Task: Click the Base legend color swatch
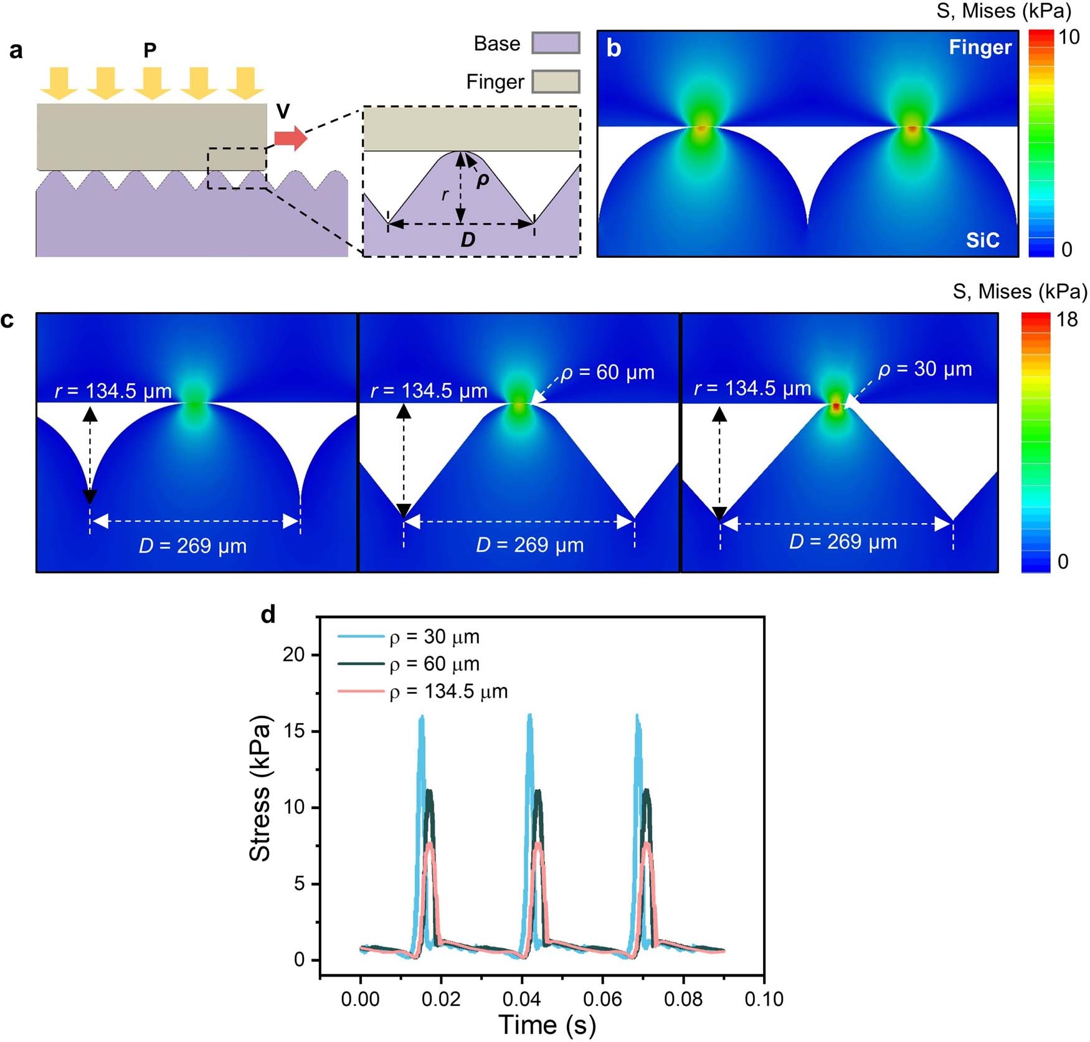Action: tap(556, 44)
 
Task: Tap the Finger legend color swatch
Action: tap(556, 82)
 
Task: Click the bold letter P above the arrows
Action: tap(149, 50)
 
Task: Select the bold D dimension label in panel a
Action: tap(468, 240)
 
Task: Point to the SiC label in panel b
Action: tap(982, 240)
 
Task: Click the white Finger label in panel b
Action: tap(980, 47)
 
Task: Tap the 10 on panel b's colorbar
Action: tap(1069, 37)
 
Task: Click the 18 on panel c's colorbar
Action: tap(1067, 320)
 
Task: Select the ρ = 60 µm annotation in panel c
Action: tap(607, 372)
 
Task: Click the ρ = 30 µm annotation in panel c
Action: tap(925, 369)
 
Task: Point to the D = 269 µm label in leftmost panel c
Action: tap(193, 546)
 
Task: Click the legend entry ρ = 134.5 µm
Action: tap(448, 691)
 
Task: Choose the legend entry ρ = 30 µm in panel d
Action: tap(434, 637)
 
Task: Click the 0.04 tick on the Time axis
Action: tap(521, 999)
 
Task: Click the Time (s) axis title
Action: tap(547, 1025)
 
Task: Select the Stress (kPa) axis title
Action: tap(260, 788)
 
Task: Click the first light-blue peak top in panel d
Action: tap(422, 718)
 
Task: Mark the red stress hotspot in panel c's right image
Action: tap(836, 406)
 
